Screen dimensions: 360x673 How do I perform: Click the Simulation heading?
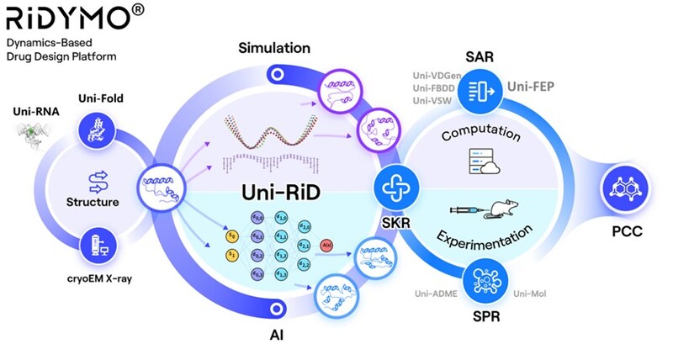[273, 47]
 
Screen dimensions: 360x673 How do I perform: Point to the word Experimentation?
[488, 240]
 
